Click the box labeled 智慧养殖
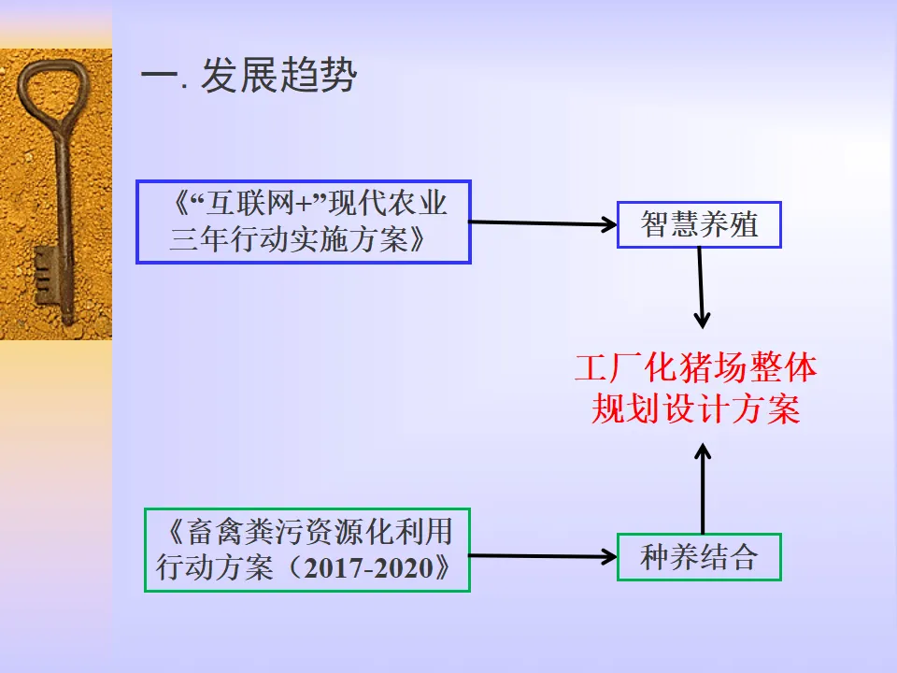click(699, 224)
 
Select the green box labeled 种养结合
click(699, 558)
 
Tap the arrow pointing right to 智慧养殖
click(542, 223)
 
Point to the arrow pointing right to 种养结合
click(542, 557)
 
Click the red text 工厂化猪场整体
click(695, 368)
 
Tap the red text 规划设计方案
click(695, 409)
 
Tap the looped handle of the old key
click(51, 93)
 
